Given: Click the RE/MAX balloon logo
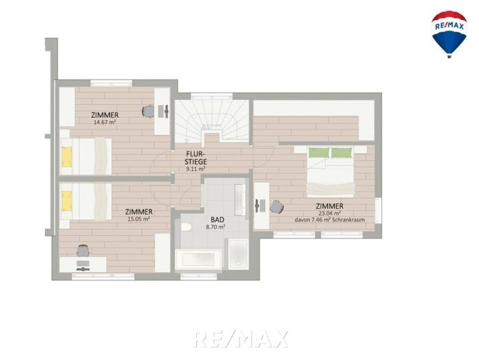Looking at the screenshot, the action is click(449, 34).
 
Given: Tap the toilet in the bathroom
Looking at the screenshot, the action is click(185, 227).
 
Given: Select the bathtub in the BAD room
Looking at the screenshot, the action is click(199, 259).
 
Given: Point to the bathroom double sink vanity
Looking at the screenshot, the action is click(240, 200).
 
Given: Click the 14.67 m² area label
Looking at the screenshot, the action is click(104, 122).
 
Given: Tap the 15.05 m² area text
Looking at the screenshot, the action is click(139, 219).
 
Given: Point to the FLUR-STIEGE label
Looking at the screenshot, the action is click(195, 157).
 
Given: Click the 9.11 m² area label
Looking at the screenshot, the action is click(195, 169).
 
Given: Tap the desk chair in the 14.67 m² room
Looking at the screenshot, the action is click(149, 111).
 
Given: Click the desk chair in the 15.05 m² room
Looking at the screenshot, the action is click(83, 251).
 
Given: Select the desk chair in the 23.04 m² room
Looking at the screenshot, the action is click(277, 207).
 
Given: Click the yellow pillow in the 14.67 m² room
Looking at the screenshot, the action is click(67, 157).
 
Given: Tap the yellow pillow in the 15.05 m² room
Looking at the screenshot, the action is click(67, 201).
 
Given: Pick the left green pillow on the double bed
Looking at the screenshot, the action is click(319, 152).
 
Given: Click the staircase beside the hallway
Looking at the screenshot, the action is click(212, 119).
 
